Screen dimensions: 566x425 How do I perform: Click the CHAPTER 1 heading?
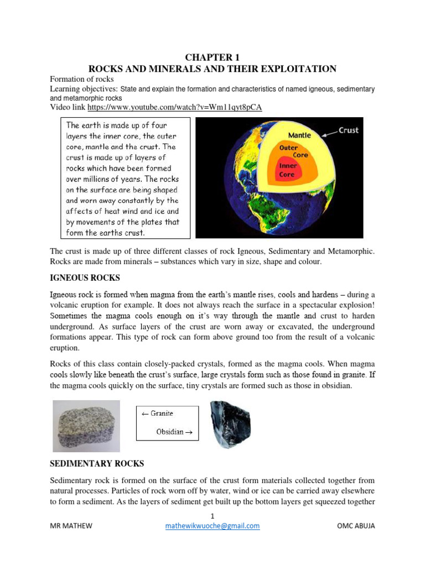click(x=212, y=57)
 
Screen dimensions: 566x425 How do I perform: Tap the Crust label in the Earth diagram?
click(x=348, y=130)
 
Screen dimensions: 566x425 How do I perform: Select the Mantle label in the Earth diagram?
click(x=299, y=135)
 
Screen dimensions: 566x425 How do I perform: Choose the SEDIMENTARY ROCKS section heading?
click(x=97, y=463)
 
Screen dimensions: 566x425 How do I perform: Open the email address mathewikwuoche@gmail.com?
click(x=212, y=526)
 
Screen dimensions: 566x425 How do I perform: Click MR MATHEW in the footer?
click(x=71, y=526)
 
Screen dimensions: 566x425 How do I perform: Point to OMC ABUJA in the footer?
click(x=355, y=526)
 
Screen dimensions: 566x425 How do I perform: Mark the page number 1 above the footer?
click(x=212, y=515)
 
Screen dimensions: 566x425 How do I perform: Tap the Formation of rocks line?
click(x=81, y=79)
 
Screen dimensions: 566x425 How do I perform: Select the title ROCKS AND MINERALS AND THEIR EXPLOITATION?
click(x=212, y=69)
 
